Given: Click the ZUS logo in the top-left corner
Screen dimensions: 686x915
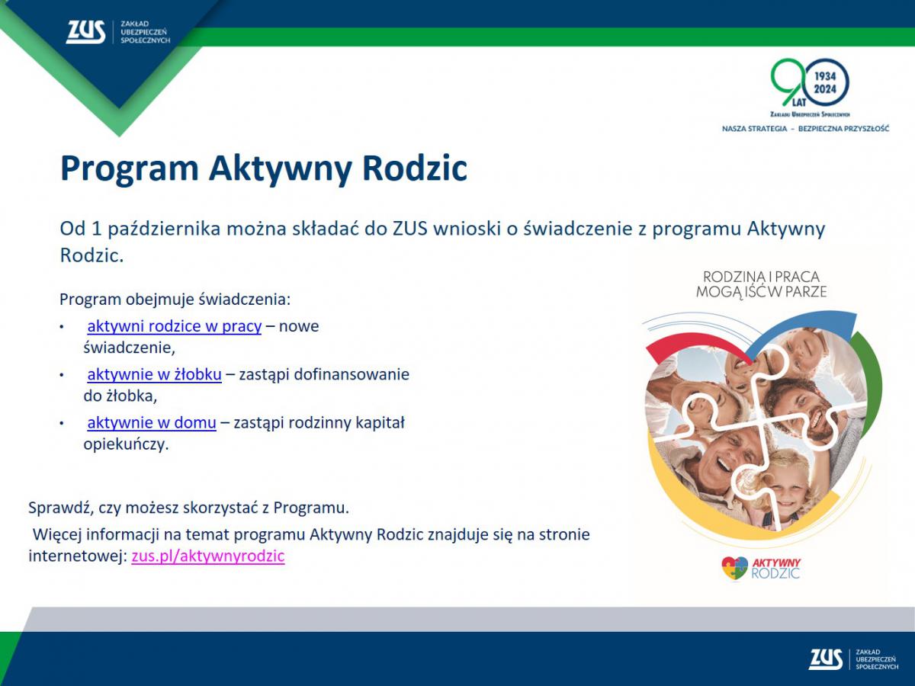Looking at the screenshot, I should click(85, 31).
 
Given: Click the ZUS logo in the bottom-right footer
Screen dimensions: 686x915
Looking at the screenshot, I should click(826, 659).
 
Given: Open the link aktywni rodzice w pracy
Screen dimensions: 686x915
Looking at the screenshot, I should click(174, 326).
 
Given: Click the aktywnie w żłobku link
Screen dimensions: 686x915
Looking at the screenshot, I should click(154, 374).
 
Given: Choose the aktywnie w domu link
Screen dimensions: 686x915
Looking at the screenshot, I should click(151, 422).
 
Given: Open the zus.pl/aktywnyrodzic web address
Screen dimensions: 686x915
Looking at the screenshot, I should click(207, 556).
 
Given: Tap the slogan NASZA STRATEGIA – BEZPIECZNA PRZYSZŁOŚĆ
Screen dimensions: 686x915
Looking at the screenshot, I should click(805, 129).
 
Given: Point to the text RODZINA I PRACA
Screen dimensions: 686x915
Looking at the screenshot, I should click(761, 277).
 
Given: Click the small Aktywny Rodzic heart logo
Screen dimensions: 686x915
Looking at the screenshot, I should click(735, 568).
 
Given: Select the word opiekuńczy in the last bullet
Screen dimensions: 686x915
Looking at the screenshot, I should click(124, 444).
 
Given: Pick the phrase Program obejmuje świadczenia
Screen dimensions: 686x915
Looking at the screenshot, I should click(175, 299).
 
